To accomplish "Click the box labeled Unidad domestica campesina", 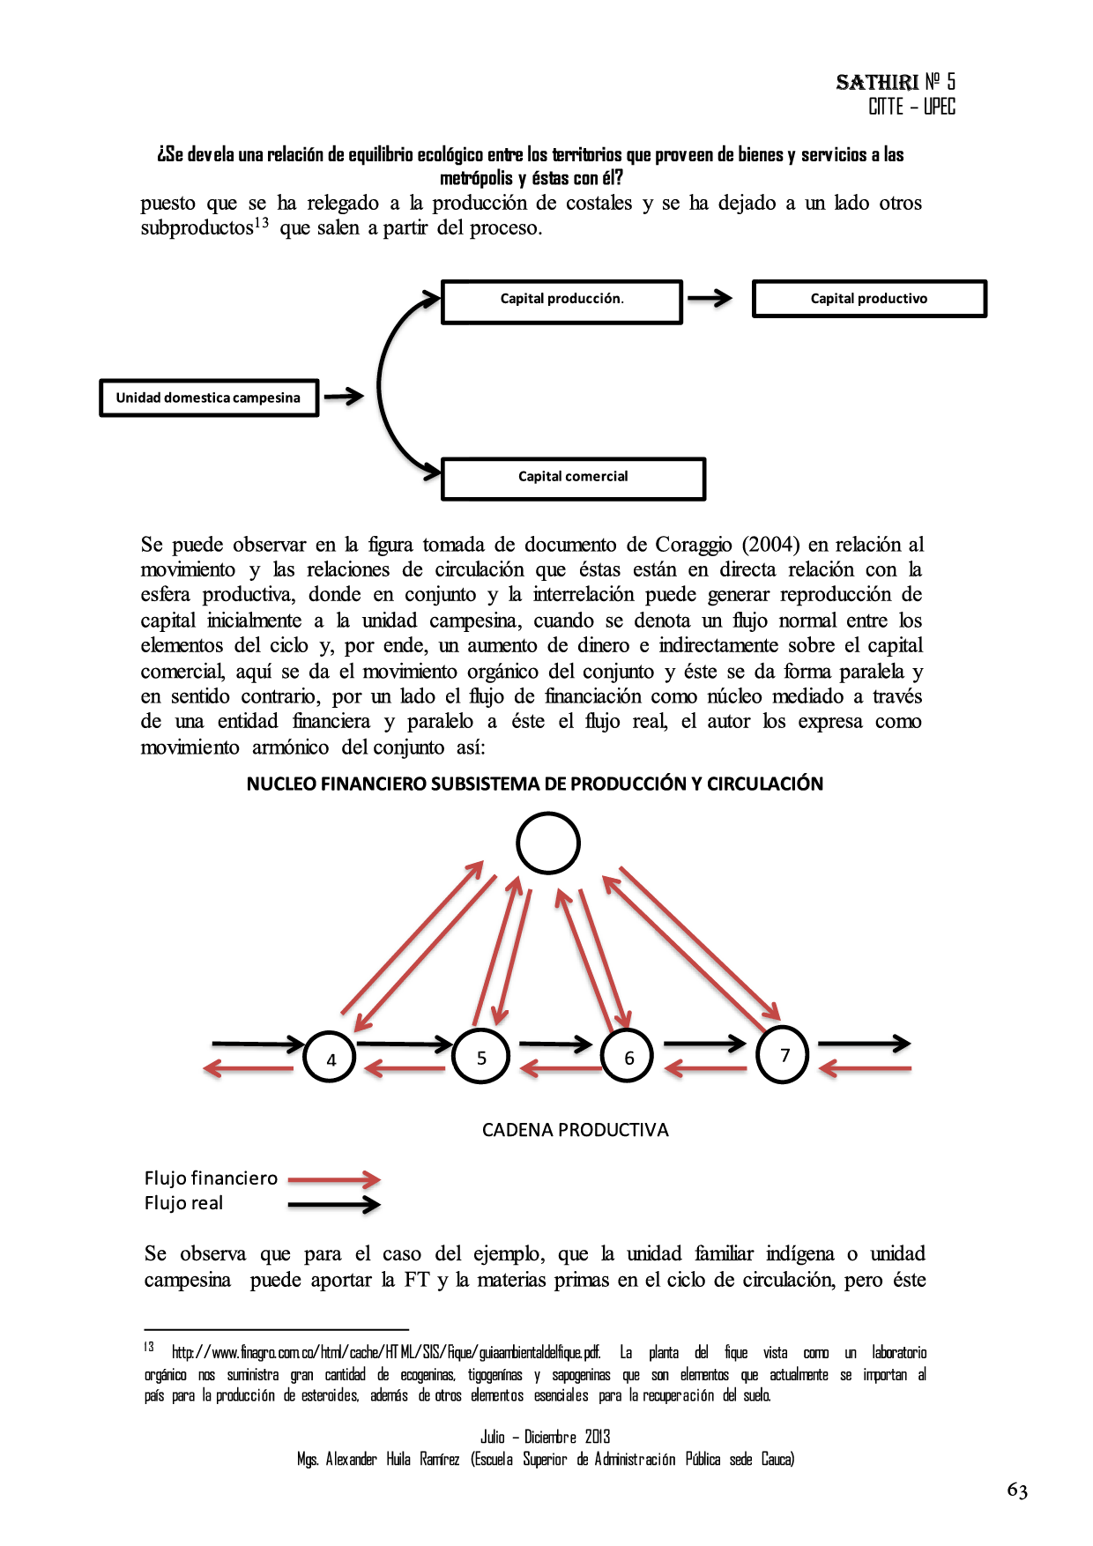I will click(x=208, y=398).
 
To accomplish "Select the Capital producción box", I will click(x=561, y=301).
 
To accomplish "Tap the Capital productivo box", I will click(x=869, y=299).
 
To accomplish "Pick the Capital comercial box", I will click(x=573, y=479).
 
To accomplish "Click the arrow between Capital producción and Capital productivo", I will click(x=710, y=299).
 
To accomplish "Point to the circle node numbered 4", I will click(x=330, y=1057).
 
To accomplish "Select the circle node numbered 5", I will click(x=480, y=1056).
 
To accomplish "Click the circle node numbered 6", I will click(x=628, y=1056).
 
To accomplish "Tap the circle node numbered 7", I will click(x=783, y=1054).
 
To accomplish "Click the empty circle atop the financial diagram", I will click(x=547, y=843).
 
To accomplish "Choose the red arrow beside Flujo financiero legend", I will click(x=334, y=1179).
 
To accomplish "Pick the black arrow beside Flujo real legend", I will click(x=334, y=1204).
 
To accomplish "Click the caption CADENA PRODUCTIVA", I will click(x=575, y=1130).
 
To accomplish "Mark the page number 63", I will click(x=1017, y=1490).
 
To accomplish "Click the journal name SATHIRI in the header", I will click(x=877, y=83).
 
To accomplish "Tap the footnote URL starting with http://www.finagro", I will click(x=386, y=1352).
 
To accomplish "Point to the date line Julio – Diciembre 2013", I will click(x=545, y=1437).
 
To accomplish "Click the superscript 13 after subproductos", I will click(x=262, y=223).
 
